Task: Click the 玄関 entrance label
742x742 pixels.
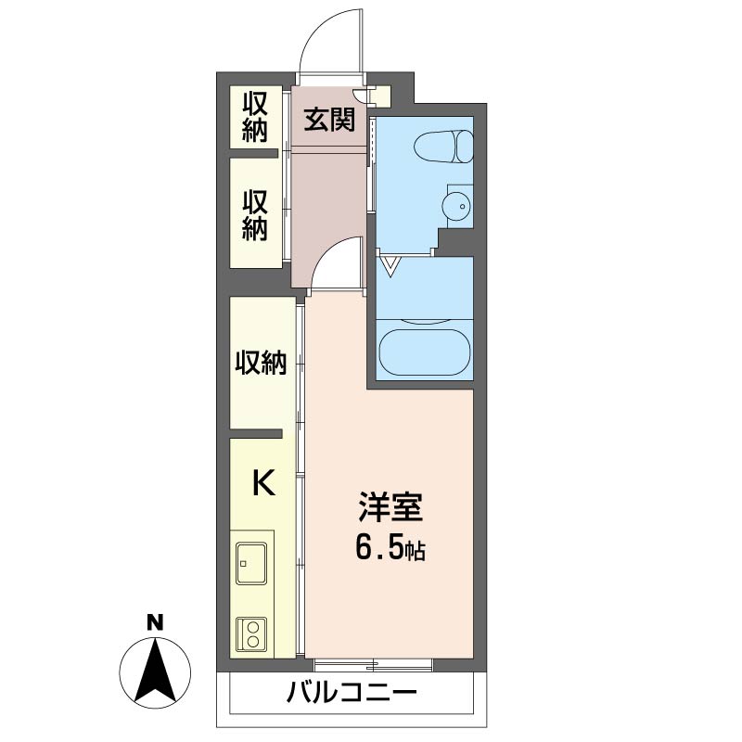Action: [x=329, y=120]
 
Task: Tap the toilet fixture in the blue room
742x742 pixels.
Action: [x=443, y=147]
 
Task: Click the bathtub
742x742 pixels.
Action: [x=425, y=352]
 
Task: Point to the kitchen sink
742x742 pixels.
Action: [x=251, y=563]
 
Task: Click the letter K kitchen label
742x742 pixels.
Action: [x=263, y=482]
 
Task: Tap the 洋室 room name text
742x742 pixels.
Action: [x=390, y=506]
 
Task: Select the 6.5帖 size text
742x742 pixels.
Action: [x=390, y=549]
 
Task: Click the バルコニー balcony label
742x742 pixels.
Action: [x=352, y=693]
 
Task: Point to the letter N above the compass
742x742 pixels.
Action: [x=155, y=622]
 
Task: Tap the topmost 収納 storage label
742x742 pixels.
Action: [x=255, y=117]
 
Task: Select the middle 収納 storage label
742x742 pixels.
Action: [x=255, y=215]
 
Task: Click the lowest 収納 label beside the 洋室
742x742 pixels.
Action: [x=262, y=363]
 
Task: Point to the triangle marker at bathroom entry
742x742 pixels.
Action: [x=390, y=266]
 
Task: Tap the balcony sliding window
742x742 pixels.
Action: [x=374, y=665]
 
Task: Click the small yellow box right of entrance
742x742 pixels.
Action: [x=382, y=96]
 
